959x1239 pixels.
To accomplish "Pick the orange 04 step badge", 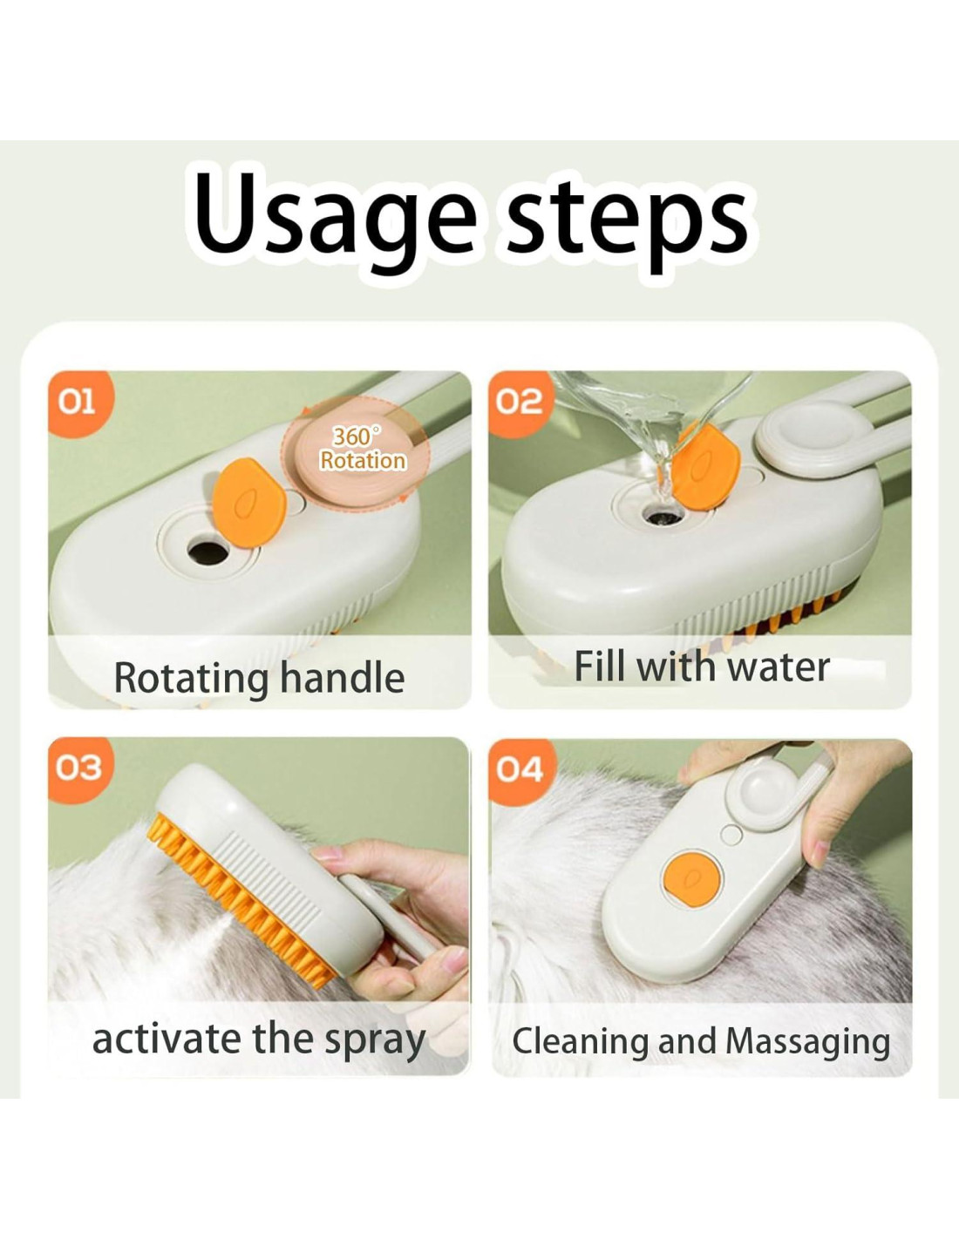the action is tap(520, 770).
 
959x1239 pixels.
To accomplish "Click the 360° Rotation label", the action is tap(363, 449).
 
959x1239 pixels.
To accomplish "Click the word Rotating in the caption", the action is tap(191, 679).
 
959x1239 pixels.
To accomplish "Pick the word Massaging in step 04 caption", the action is tap(808, 1043).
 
